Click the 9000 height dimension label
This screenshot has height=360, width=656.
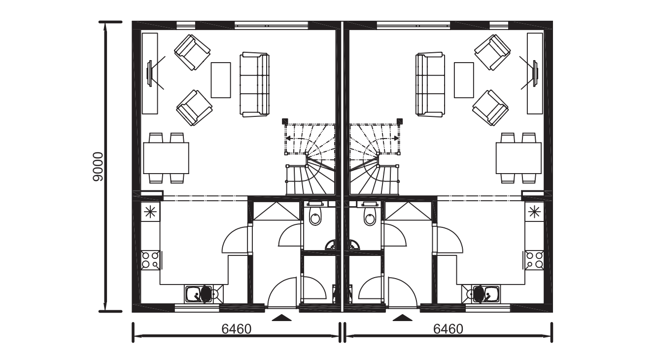[98, 167]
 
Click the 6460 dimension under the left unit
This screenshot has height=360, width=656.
[237, 329]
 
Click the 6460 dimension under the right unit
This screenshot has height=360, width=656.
[448, 329]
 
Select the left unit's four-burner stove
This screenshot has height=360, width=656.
[150, 260]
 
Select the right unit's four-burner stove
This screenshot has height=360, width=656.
[534, 260]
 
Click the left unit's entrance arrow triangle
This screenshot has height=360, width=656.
[282, 318]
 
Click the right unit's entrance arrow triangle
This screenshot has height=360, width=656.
[403, 318]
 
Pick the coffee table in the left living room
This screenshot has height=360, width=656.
[221, 80]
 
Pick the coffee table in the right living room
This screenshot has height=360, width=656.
[464, 80]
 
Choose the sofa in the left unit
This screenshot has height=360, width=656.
[254, 85]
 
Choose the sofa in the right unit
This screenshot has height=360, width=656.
[430, 85]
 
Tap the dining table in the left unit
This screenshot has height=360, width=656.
[166, 158]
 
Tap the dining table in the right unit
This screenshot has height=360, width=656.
[518, 158]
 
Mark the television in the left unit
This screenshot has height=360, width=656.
[150, 73]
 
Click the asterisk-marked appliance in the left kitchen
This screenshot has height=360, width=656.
[150, 212]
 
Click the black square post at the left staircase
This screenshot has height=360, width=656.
[285, 121]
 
